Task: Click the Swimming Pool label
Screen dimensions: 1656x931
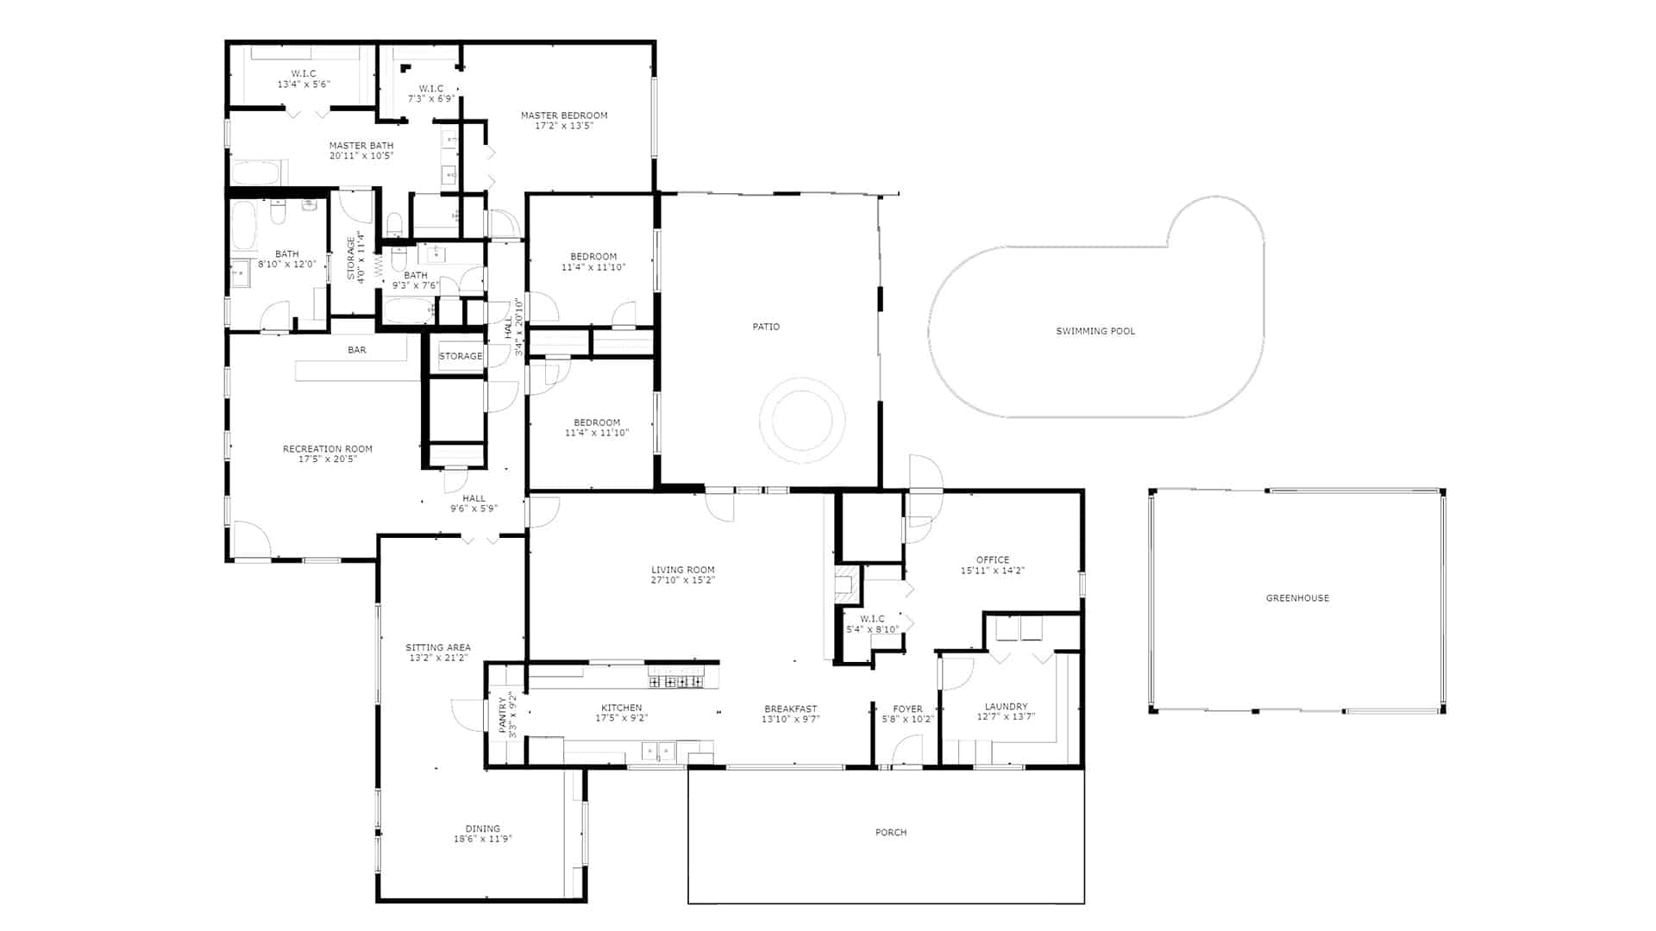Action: [x=1095, y=331]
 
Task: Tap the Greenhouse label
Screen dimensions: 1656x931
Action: [x=1297, y=598]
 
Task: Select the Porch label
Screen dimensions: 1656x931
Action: [x=891, y=833]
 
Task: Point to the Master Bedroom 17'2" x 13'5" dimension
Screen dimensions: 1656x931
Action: [x=564, y=126]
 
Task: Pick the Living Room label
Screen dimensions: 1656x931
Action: [x=683, y=570]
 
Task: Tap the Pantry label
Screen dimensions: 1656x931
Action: [x=502, y=715]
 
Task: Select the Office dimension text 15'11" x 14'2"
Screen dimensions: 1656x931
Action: [x=993, y=571]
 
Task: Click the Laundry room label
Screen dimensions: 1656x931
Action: [x=1006, y=707]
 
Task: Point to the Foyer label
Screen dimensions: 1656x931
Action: [x=907, y=709]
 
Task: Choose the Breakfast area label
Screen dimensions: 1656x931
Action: [x=790, y=709]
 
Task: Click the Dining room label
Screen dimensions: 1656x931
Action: [x=483, y=829]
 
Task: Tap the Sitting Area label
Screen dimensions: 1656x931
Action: [x=438, y=648]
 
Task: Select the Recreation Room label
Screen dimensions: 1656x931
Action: [x=328, y=449]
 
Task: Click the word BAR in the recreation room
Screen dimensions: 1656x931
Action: [x=357, y=350]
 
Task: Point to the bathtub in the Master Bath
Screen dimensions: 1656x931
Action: [x=254, y=172]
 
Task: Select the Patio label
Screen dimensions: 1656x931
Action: [x=766, y=327]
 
